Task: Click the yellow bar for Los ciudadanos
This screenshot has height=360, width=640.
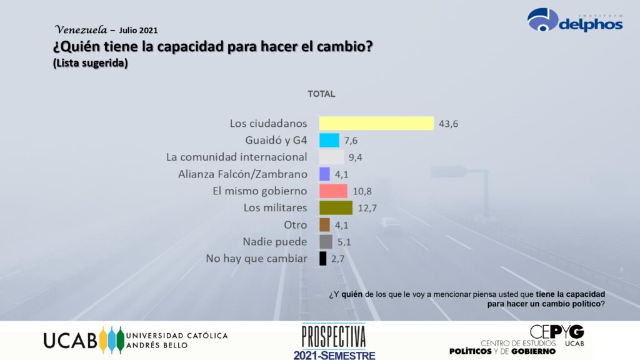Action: pos(376,123)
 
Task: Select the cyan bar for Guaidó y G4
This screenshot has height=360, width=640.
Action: pos(329,140)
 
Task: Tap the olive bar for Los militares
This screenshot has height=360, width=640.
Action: pos(336,207)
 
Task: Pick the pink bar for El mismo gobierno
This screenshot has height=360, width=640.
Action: pos(333,191)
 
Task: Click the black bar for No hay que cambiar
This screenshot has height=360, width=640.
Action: pos(322,258)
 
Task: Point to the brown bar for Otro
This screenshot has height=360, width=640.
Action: pos(324,224)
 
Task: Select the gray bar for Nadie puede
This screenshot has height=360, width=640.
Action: pos(326,241)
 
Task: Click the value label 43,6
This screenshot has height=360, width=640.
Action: pos(449,124)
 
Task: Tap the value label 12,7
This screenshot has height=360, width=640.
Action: pos(367,208)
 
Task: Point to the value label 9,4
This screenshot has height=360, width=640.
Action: pos(356,157)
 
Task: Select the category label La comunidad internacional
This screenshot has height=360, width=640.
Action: pos(237,157)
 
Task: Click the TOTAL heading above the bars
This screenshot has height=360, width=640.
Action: pos(321,94)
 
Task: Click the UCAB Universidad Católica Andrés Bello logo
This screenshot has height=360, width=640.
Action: pos(135,340)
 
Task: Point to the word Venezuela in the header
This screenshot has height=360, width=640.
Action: pos(78,29)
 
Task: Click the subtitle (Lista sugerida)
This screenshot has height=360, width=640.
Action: pos(91,63)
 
